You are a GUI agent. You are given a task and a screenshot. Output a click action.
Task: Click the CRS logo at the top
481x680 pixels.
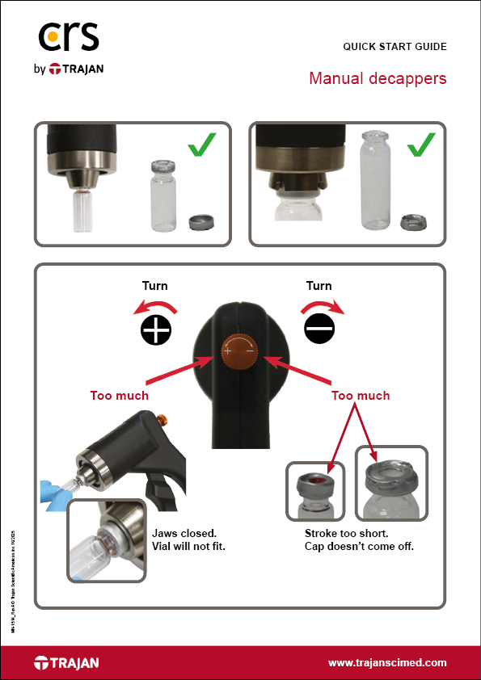click(x=69, y=37)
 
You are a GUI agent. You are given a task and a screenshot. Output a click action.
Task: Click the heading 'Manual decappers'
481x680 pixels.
click(x=378, y=79)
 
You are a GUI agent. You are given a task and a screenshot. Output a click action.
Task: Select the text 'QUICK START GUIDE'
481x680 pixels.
click(x=395, y=47)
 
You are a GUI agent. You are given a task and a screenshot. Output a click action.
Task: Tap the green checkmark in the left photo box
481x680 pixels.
click(x=202, y=148)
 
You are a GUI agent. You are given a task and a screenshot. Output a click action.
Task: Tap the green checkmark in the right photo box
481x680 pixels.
click(x=421, y=147)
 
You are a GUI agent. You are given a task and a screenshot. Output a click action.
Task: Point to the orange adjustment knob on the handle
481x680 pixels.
click(x=241, y=352)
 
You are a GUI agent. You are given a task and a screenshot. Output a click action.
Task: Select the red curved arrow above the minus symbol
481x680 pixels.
click(x=322, y=306)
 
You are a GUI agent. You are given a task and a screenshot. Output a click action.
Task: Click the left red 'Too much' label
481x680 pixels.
click(x=119, y=396)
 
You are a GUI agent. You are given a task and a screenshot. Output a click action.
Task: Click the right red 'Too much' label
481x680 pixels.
click(x=361, y=396)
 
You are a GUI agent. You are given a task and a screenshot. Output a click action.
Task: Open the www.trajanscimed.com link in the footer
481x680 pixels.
click(x=386, y=662)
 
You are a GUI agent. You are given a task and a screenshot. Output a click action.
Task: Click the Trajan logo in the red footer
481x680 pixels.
click(x=66, y=663)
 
